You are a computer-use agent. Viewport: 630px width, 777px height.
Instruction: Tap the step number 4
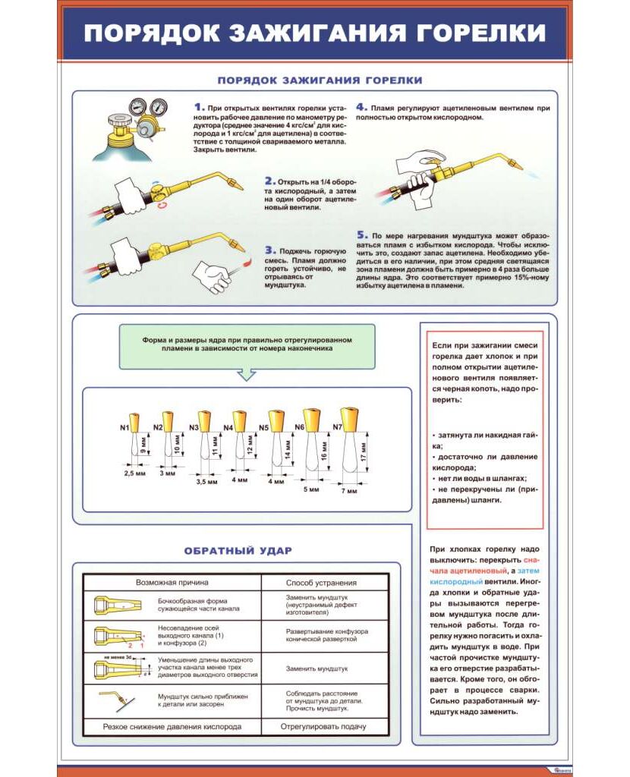pos(362,108)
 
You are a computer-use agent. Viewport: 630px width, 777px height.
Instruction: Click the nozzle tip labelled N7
pos(349,419)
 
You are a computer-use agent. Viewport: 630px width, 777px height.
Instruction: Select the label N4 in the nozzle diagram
pos(228,428)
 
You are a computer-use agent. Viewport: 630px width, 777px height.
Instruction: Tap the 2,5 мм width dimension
pos(134,473)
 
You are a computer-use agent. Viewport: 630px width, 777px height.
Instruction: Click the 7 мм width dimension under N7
pos(348,491)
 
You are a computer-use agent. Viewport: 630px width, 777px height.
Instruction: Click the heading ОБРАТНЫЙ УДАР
pos(238,550)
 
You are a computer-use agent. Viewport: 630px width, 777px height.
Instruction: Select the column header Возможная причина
pos(172,582)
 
